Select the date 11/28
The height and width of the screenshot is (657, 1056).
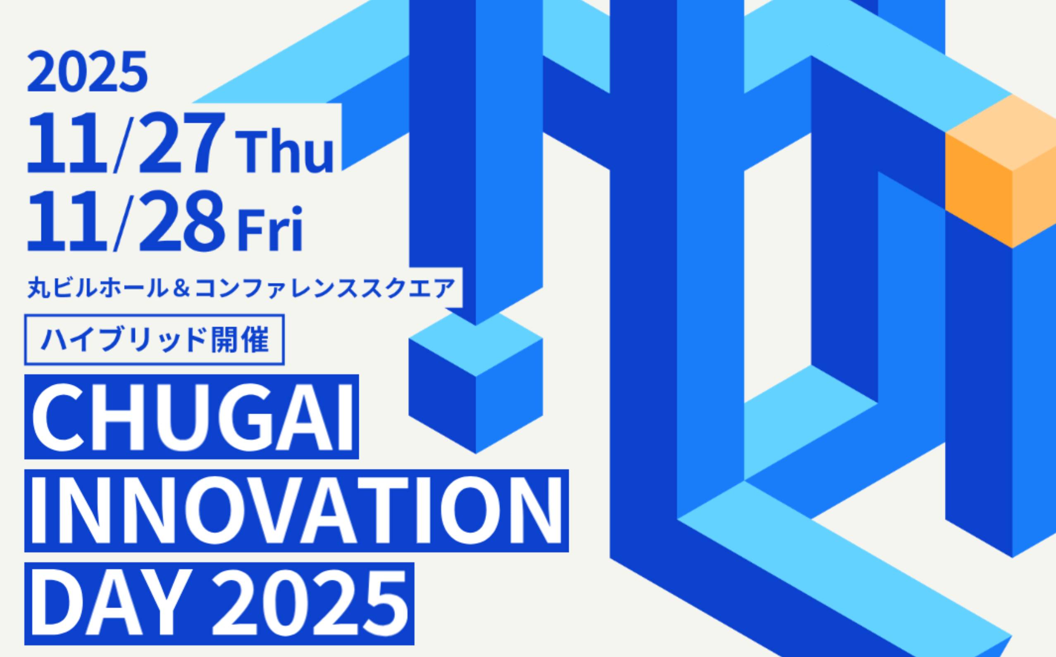click(126, 222)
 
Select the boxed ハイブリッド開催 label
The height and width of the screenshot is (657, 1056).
click(155, 340)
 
